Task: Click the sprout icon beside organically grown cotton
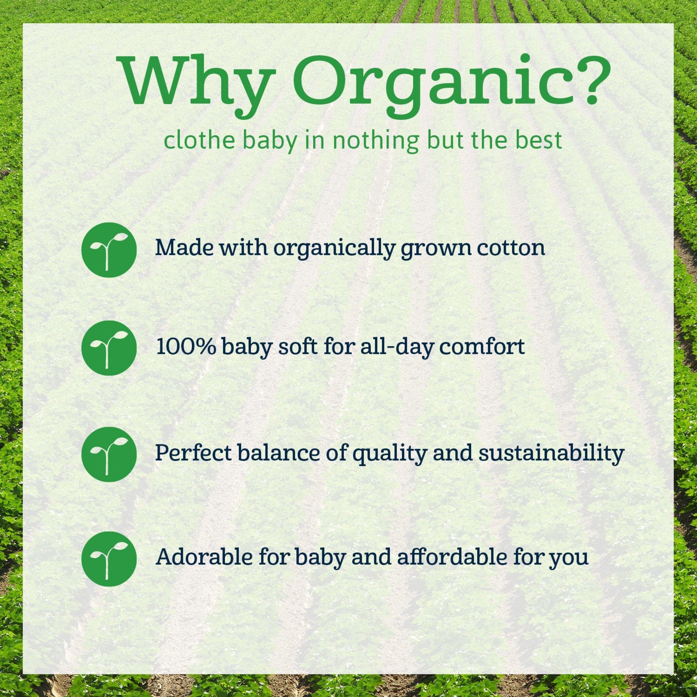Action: pyautogui.click(x=109, y=250)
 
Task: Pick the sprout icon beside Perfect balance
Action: pyautogui.click(x=109, y=455)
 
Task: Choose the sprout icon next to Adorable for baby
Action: pyautogui.click(x=109, y=558)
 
